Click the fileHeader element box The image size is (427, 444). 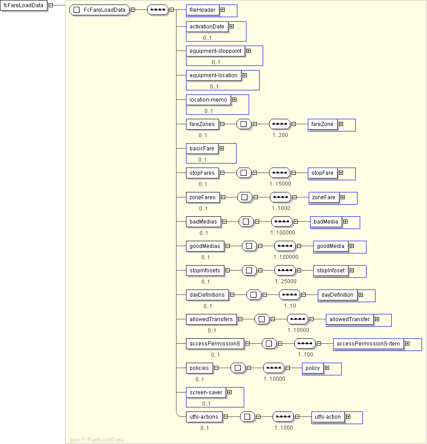(202, 10)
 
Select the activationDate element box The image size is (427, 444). (207, 27)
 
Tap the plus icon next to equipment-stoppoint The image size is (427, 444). (248, 51)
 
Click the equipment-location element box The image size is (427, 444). (213, 75)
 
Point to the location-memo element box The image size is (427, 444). (208, 100)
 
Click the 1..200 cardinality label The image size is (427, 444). (280, 135)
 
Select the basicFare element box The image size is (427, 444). (202, 149)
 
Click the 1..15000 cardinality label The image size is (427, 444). (280, 184)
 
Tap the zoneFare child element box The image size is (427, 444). (324, 197)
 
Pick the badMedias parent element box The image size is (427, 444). (203, 222)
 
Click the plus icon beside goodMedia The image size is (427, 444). (352, 246)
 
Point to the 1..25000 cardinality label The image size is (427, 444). (286, 281)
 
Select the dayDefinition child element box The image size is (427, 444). (337, 295)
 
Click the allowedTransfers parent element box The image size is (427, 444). (211, 319)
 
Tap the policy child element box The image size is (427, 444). (312, 368)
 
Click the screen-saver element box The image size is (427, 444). (206, 393)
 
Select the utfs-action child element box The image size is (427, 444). (328, 417)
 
